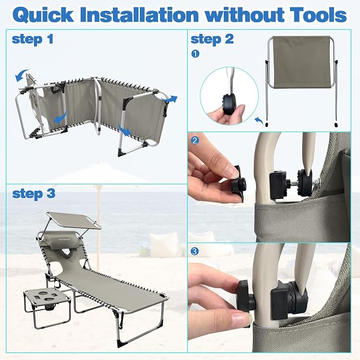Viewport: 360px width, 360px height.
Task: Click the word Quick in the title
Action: click(x=43, y=15)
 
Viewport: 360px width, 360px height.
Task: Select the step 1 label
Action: click(x=32, y=39)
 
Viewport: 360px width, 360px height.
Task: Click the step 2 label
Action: click(x=212, y=39)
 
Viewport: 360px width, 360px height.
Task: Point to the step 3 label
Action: click(x=34, y=194)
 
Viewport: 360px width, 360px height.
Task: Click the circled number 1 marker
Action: click(x=195, y=54)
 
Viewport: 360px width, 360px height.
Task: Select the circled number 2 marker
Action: click(x=195, y=140)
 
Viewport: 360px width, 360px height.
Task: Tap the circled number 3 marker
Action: click(x=195, y=251)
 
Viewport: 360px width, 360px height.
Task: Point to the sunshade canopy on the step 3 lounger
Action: click(x=74, y=220)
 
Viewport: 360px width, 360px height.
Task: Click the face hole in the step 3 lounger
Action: click(x=67, y=252)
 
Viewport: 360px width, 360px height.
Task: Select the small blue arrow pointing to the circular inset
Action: click(x=259, y=120)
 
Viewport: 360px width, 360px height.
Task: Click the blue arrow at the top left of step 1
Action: click(x=21, y=75)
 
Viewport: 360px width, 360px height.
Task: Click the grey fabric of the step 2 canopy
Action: click(x=303, y=62)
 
